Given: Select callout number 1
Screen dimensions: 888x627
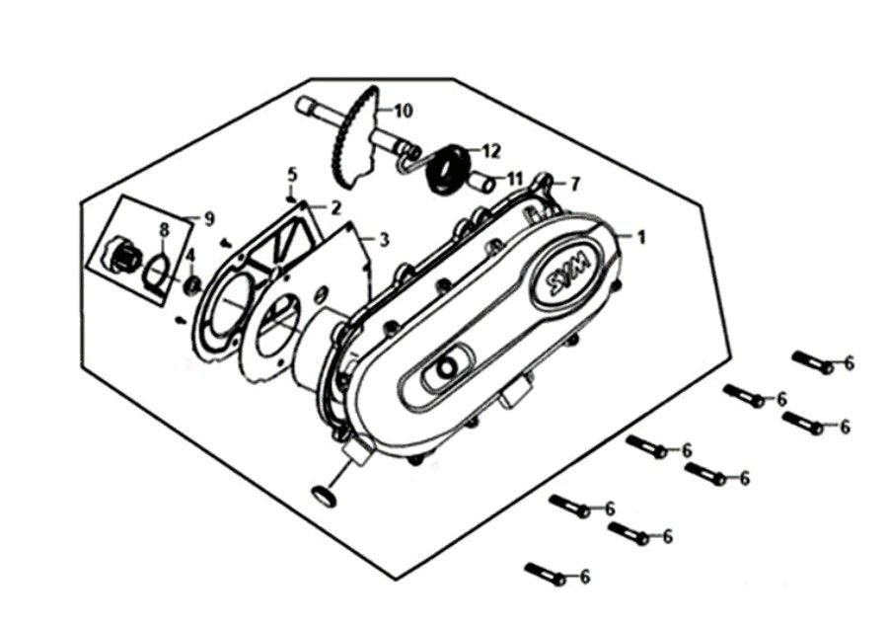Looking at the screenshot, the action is coord(641,237).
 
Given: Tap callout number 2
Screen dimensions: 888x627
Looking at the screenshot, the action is coord(335,208).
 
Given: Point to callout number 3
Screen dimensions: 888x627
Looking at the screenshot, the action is coord(384,240).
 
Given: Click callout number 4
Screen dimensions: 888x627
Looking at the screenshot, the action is coord(190,256).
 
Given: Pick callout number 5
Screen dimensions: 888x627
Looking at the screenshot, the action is coord(292,174).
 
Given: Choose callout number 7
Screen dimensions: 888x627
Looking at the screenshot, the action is coord(575,184).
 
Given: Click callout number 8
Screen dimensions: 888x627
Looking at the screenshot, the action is coord(164,230).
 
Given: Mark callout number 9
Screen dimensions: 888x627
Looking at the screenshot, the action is coord(209,219).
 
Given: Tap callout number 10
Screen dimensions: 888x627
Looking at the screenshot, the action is coord(404,111).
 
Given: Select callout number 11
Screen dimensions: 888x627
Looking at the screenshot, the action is coord(514,180).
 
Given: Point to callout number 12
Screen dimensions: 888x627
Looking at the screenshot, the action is coord(491,151).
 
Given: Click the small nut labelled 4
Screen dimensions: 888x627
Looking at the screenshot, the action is coord(193,285).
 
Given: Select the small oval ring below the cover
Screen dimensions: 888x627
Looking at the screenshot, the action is coord(324,496).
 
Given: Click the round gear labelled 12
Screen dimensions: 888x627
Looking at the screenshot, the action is coord(447,169).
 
